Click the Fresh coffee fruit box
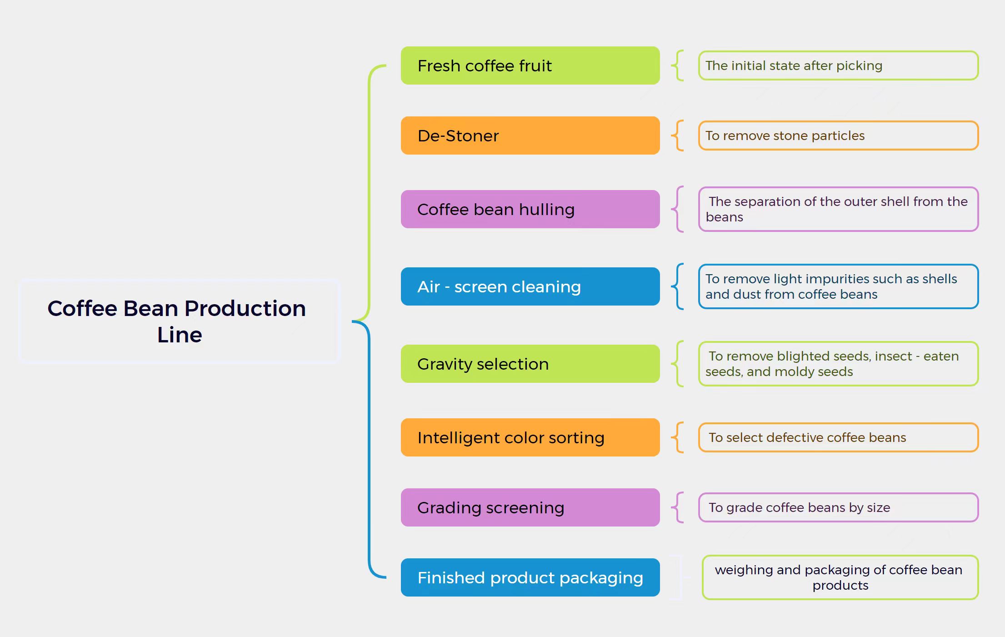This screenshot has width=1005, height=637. pos(530,65)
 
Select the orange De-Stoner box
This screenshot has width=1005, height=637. pos(530,135)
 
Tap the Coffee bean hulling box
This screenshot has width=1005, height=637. pos(530,209)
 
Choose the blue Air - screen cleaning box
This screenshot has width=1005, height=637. pos(530,286)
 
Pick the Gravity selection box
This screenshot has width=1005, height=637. pos(530,364)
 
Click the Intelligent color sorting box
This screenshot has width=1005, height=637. pos(530,437)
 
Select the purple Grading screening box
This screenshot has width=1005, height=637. pos(530,507)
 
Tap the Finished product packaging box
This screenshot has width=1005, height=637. pos(530,577)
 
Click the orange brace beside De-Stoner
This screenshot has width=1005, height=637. pos(678,135)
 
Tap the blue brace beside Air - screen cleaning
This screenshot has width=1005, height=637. pos(678,286)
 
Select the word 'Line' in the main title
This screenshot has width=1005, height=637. pos(180,335)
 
